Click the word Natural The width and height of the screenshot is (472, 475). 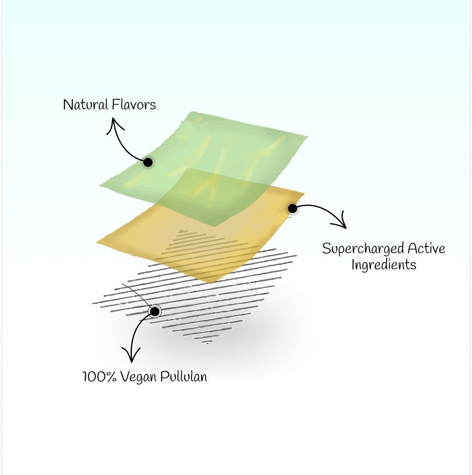pos(85,105)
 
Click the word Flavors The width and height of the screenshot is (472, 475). pos(134,105)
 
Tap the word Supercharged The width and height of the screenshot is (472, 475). pos(363,249)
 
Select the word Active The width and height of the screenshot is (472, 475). pos(426,248)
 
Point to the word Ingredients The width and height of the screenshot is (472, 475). pos(384,265)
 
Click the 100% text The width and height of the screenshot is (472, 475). pos(99,377)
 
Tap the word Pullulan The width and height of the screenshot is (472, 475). pos(184,377)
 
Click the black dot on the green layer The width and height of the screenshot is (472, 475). pos(148,162)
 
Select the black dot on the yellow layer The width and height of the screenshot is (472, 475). pos(293,208)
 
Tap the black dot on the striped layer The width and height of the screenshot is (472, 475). pos(155,311)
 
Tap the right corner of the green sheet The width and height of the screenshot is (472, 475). pos(308,137)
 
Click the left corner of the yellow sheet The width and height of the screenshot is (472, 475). pos(97,242)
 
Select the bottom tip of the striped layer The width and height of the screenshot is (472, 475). pos(207,344)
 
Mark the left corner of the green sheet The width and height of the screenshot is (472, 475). pos(100,185)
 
